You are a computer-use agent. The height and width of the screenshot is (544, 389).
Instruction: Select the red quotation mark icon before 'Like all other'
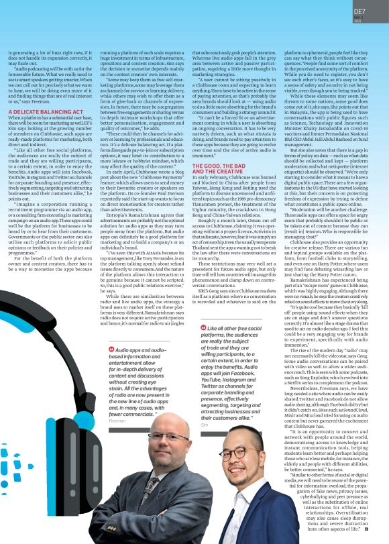click(x=203, y=327)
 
